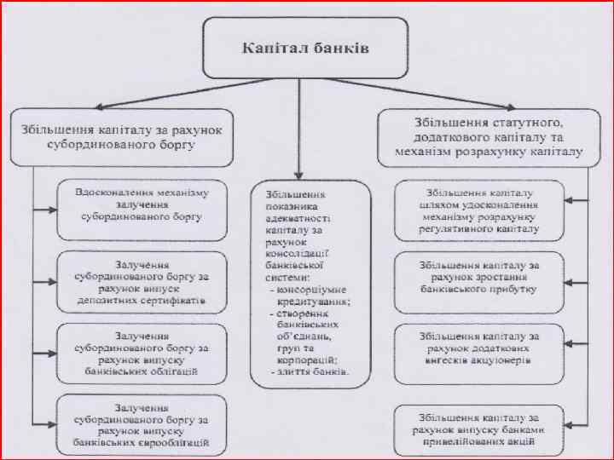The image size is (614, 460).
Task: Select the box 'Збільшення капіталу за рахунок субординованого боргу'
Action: [121, 136]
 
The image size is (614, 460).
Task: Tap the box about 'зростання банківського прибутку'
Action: [478, 277]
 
